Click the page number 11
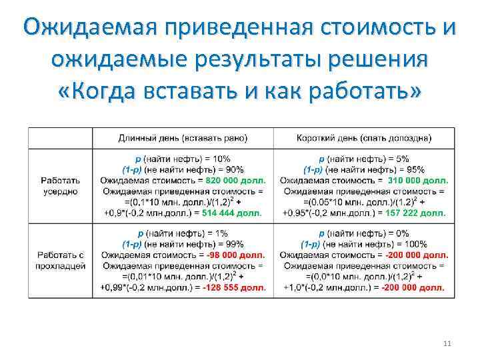(447, 343)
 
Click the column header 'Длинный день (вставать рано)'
(183, 138)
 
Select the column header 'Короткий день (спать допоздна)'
(363, 138)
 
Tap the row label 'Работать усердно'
(59, 186)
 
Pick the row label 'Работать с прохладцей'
(61, 261)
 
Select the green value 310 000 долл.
(417, 181)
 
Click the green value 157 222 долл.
(413, 213)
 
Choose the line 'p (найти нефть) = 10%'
(183, 159)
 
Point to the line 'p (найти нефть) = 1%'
(183, 234)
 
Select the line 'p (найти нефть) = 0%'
(364, 234)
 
